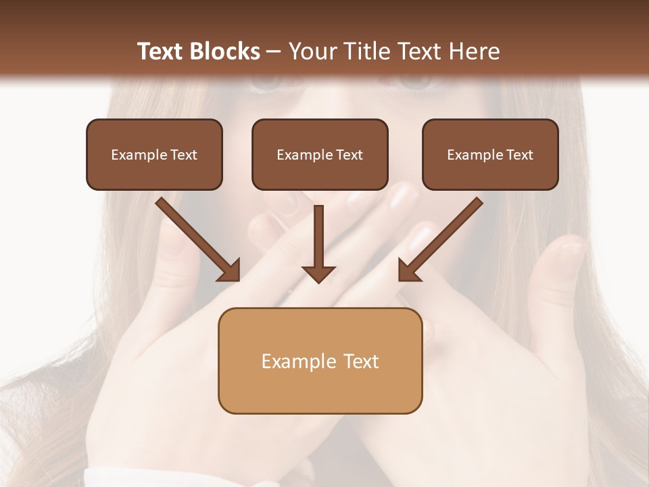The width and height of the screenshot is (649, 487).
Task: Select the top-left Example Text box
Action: point(154,154)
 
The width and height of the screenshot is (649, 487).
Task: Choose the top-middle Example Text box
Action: point(320,154)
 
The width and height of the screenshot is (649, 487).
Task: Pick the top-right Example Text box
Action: point(490,154)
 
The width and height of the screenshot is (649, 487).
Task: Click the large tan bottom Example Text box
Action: point(320,361)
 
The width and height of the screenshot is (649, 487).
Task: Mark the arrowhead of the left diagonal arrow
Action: point(229,270)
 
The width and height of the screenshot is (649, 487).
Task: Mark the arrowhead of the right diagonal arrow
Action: point(409,270)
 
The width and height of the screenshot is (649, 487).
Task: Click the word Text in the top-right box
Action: point(519,154)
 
